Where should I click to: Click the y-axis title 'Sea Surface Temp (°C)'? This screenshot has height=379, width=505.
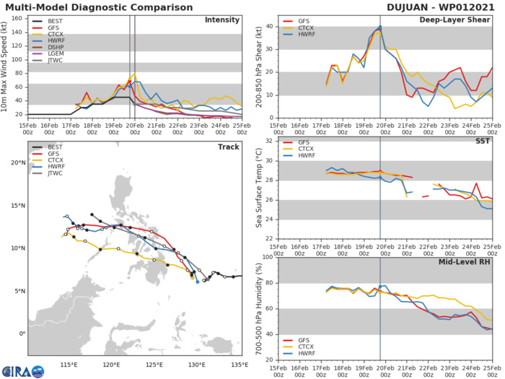[258, 189]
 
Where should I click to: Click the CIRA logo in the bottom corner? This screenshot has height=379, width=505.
[22, 370]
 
